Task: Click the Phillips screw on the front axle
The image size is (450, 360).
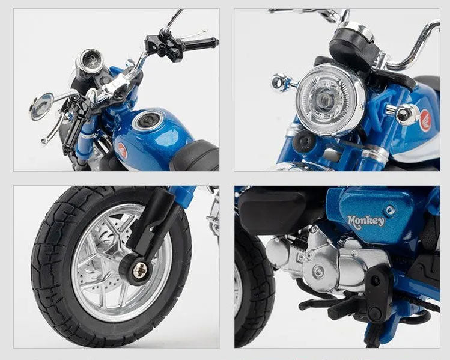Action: pos(141,269)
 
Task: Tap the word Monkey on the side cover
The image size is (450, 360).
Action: pos(366,222)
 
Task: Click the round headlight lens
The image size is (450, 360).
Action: pos(330,99)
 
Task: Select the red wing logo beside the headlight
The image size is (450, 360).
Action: pos(425,120)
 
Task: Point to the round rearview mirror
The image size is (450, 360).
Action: pos(41,106)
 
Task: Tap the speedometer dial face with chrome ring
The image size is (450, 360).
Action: pos(90,60)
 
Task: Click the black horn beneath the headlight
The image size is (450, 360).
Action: pos(303,141)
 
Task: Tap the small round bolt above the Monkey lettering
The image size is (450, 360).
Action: pos(389,210)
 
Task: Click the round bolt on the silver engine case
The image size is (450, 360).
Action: pos(318,270)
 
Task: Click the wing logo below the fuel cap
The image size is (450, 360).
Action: pos(122,150)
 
